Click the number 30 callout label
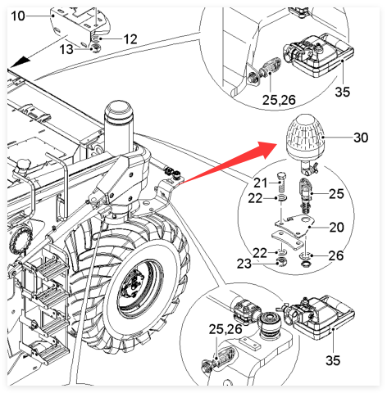361,138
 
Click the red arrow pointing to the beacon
228,164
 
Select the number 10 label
18,16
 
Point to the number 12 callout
130,39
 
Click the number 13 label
66,50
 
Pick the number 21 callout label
260,183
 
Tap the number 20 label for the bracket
336,227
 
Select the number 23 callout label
244,264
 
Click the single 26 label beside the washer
336,255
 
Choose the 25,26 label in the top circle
279,100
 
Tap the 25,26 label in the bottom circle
225,329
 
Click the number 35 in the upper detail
343,92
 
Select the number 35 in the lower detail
333,360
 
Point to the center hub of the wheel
134,286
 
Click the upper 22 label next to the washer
255,198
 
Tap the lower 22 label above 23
260,253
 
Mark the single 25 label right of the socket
336,194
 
